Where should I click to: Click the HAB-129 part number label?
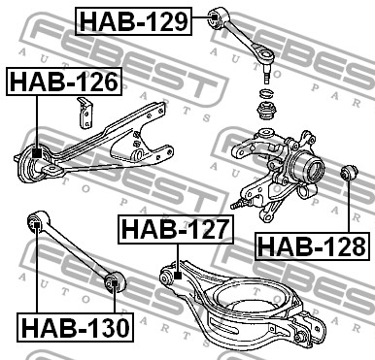[x=133, y=21]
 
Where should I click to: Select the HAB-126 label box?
[x=64, y=82]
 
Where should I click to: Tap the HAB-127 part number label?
[x=176, y=229]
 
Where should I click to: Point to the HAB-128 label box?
[x=312, y=246]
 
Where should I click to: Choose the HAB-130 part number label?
[x=75, y=327]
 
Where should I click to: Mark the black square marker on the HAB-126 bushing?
[x=37, y=153]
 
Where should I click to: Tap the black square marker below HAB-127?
[x=177, y=276]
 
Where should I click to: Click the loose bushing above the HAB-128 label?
[x=350, y=173]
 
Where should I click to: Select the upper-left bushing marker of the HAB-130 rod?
[x=37, y=225]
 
